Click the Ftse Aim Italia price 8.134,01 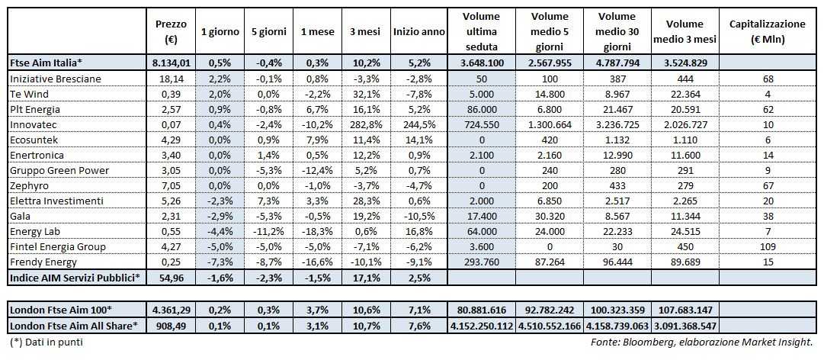170,63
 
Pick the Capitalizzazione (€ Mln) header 767,31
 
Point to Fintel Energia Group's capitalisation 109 767,246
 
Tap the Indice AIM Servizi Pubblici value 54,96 170,277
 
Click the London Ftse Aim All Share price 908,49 170,325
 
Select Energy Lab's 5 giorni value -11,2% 265,231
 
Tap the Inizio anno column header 419,31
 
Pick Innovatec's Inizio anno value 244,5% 419,124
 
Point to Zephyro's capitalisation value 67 767,185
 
